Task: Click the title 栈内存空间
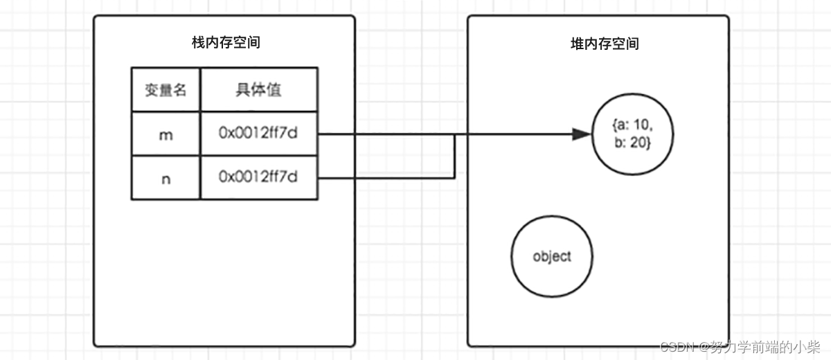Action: (x=226, y=43)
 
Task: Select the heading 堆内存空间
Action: (x=600, y=44)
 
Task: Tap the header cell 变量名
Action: (x=166, y=90)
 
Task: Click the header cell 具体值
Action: (x=258, y=90)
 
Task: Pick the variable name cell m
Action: (x=166, y=135)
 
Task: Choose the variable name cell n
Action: (x=166, y=178)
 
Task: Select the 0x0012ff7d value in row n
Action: (x=258, y=178)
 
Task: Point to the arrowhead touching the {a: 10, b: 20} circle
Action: (x=582, y=135)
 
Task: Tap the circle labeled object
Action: (x=553, y=257)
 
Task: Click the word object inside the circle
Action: (x=553, y=257)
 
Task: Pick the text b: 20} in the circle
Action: (x=632, y=143)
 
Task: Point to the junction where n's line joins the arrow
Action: (x=454, y=135)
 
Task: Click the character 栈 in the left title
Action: (x=198, y=43)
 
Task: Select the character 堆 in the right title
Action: (x=572, y=44)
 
